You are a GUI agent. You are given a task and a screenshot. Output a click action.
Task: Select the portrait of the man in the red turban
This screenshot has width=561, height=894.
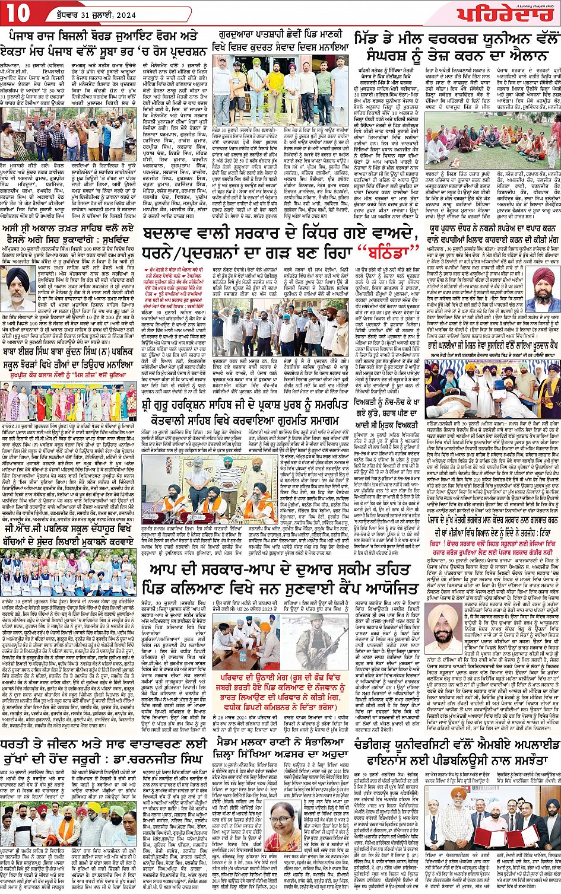[x=541, y=288]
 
